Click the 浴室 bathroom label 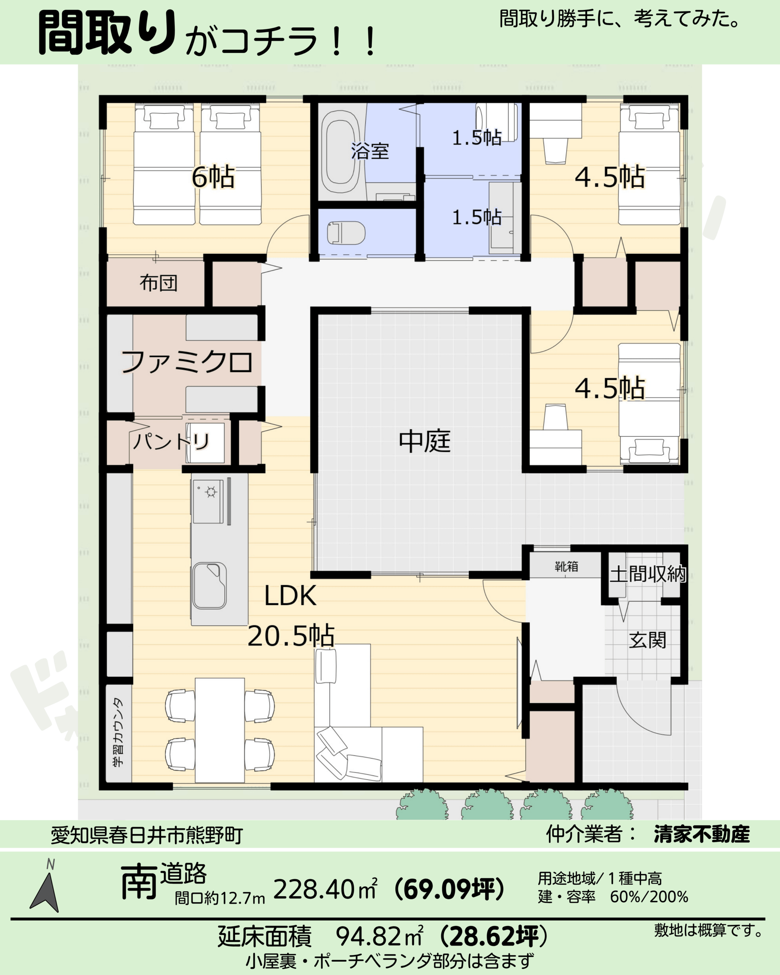coord(370,151)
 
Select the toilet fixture coord(346,232)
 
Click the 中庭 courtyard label coord(425,441)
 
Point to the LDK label coord(290,596)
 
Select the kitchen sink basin coord(209,586)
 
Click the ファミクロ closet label coord(187,362)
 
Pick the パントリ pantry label coord(171,441)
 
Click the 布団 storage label coord(158,283)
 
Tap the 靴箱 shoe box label coord(566,566)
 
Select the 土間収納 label coord(648,574)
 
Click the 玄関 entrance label coord(647,640)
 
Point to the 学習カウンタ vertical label coord(118,733)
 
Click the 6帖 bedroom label coord(213,177)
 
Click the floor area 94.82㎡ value coord(379,936)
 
